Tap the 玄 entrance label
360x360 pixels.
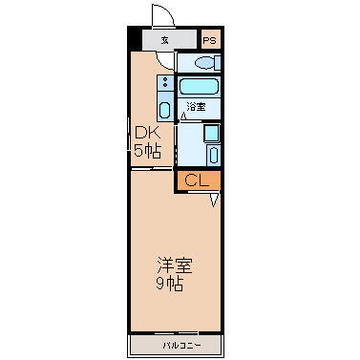pos(166,40)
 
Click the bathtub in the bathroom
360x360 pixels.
pos(199,87)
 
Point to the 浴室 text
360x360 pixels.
pos(196,107)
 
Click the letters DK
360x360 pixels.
pos(146,133)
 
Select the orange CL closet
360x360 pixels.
pos(198,180)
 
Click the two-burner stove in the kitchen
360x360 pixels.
pos(164,83)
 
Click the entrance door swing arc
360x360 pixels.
pos(163,16)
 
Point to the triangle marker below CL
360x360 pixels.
pos(214,199)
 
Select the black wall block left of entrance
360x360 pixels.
pos(134,40)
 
